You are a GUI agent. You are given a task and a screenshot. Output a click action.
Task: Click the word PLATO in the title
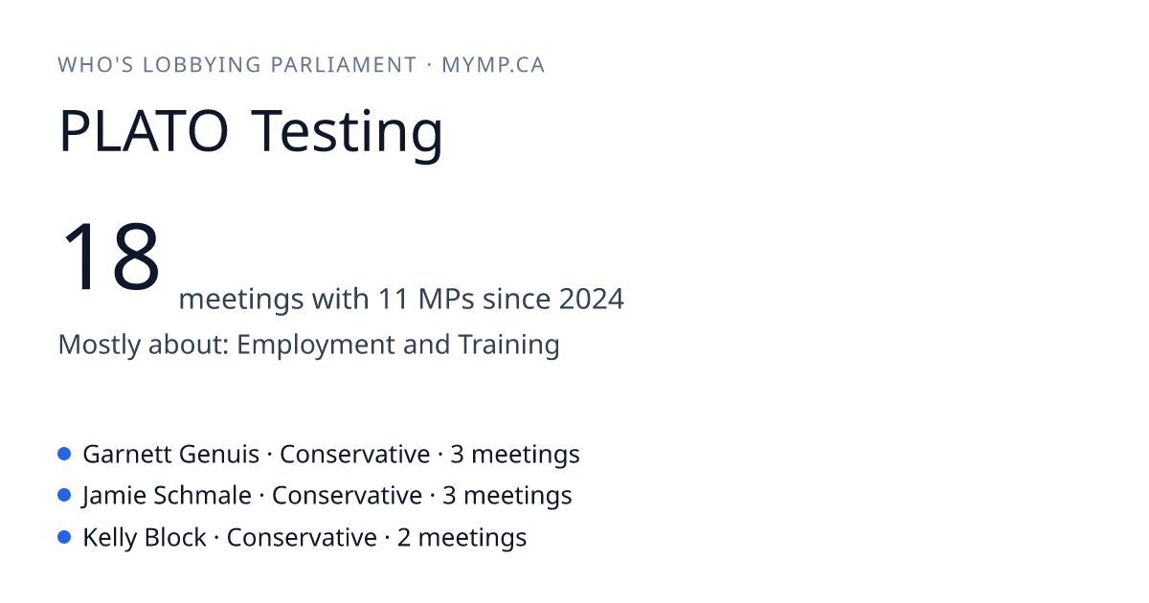pyautogui.click(x=145, y=130)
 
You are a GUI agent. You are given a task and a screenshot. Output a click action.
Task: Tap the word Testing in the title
pyautogui.click(x=347, y=135)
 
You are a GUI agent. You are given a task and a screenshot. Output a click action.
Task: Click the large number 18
pyautogui.click(x=111, y=256)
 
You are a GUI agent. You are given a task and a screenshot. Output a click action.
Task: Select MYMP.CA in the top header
pyautogui.click(x=493, y=65)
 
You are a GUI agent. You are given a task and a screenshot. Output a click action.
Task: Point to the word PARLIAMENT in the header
pyautogui.click(x=344, y=65)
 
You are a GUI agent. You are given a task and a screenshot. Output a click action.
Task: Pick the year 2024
pyautogui.click(x=592, y=299)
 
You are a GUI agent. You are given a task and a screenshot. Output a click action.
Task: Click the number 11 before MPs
pyautogui.click(x=394, y=299)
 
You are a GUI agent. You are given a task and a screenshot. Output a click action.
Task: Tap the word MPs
pyautogui.click(x=446, y=299)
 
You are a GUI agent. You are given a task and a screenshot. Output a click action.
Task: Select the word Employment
pyautogui.click(x=315, y=345)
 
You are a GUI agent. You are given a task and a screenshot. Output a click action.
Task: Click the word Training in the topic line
pyautogui.click(x=508, y=345)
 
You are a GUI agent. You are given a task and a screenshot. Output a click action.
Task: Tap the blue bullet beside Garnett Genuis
pyautogui.click(x=64, y=454)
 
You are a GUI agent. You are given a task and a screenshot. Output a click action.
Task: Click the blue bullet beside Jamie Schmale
pyautogui.click(x=64, y=495)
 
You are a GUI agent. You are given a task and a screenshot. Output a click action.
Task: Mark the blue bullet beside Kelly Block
pyautogui.click(x=64, y=537)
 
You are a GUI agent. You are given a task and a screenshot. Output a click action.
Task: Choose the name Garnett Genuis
pyautogui.click(x=170, y=455)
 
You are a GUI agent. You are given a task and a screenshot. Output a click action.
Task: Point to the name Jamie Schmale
pyautogui.click(x=167, y=497)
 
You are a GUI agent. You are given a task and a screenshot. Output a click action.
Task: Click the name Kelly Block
pyautogui.click(x=145, y=537)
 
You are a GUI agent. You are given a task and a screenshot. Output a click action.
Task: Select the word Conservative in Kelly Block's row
pyautogui.click(x=302, y=538)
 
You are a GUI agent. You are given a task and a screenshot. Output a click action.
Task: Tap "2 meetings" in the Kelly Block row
pyautogui.click(x=462, y=538)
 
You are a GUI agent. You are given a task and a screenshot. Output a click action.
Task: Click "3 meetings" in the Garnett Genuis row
pyautogui.click(x=515, y=456)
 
